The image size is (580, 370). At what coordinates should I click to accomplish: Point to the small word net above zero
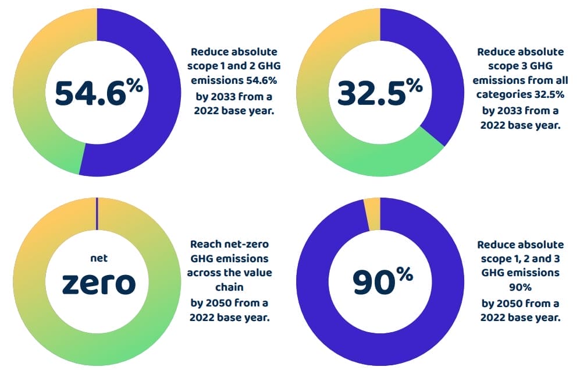click(x=98, y=258)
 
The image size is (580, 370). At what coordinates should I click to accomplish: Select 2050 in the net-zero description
click(x=228, y=303)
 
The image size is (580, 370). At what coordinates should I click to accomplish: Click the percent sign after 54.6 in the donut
click(x=134, y=86)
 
